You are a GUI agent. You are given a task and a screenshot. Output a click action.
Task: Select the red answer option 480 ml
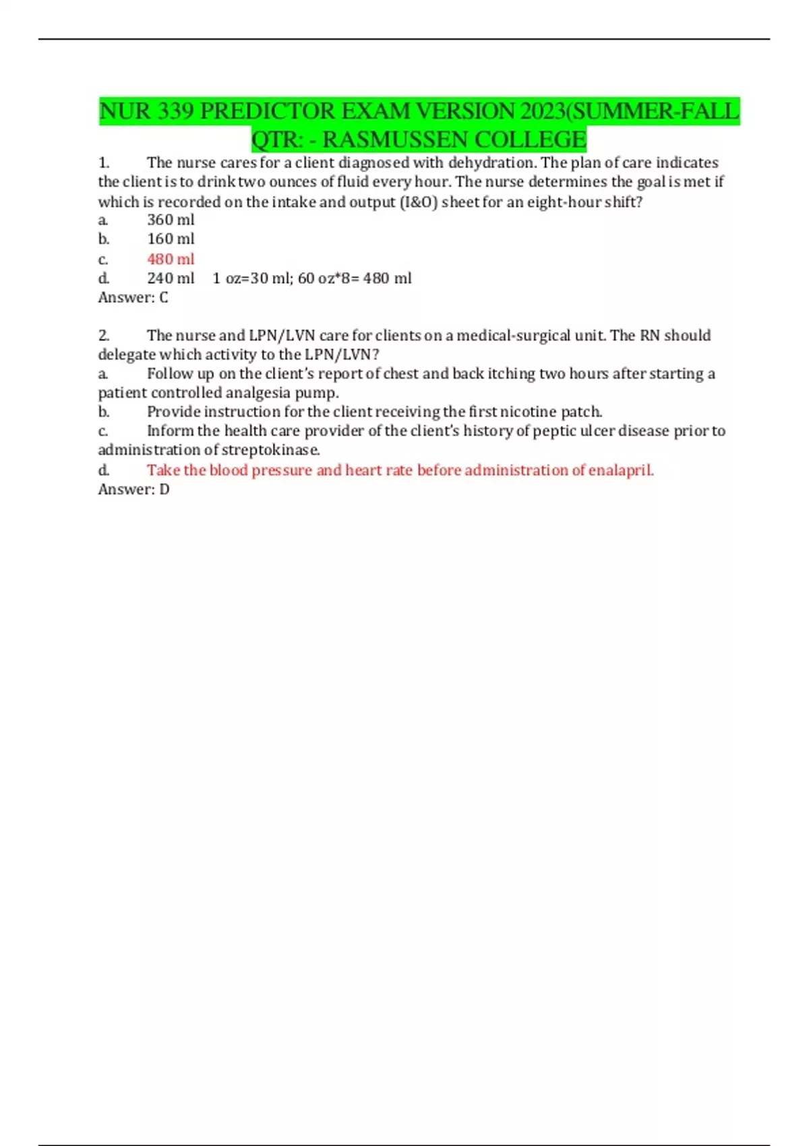[x=171, y=259]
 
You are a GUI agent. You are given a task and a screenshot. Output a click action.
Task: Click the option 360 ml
[x=171, y=220]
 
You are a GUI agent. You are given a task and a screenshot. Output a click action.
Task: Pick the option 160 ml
[x=171, y=239]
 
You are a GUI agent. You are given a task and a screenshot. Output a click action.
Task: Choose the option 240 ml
[x=171, y=278]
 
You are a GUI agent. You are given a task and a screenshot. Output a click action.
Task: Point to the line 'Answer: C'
[x=133, y=297]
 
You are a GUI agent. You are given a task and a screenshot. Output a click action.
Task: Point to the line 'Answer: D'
[x=133, y=489]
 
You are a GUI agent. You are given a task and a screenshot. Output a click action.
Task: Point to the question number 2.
[x=104, y=335]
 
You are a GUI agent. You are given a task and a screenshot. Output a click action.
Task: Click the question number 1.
[x=104, y=162]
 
